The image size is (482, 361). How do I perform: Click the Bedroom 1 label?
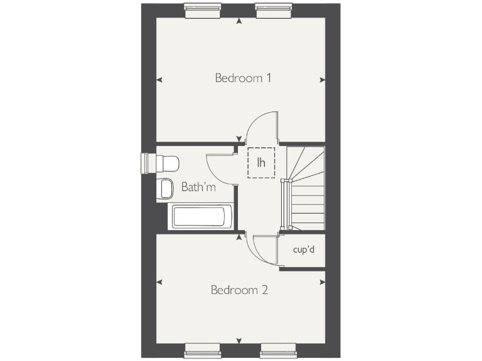(243, 78)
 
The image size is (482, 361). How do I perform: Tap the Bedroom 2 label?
(240, 290)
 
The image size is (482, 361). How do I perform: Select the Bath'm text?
(198, 187)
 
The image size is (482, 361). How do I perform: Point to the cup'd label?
(304, 249)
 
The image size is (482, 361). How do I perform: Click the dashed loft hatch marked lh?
(262, 162)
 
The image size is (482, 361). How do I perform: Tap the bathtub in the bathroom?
(200, 217)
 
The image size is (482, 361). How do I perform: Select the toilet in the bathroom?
(166, 164)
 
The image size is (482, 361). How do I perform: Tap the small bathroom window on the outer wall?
(148, 162)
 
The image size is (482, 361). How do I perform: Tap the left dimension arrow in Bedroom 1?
(159, 80)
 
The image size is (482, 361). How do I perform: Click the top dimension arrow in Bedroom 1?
(239, 22)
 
